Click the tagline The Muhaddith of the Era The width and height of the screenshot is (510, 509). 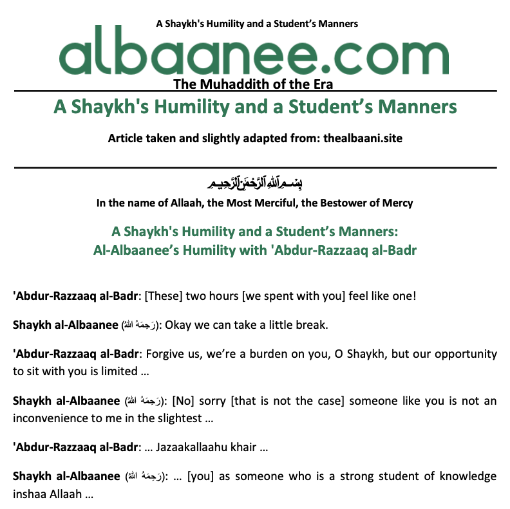(255, 84)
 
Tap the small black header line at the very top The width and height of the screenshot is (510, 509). (257, 24)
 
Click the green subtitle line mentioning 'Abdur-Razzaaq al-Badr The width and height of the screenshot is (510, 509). (255, 250)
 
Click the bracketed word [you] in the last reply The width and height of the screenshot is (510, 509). (201, 476)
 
